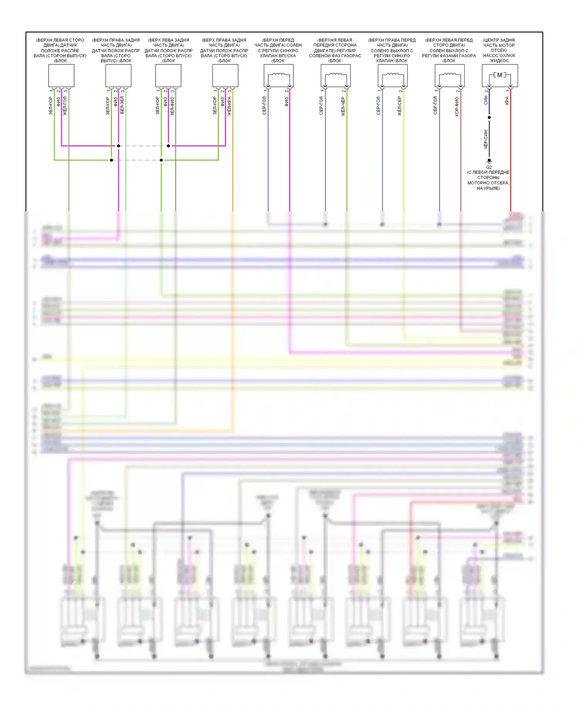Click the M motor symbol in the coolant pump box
pos(499,75)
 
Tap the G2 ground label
pos(489,167)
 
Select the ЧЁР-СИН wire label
pos(486,139)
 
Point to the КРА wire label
pos(507,101)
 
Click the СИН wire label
pos(486,100)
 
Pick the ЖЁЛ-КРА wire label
pos(229,106)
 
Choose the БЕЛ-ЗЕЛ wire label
pos(122,105)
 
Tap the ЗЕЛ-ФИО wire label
pos(172,106)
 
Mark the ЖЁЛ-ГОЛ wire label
pos(65,106)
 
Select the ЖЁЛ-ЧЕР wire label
pos(343,106)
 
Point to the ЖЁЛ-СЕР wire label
pos(400,106)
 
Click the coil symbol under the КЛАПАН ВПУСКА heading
pos(279,75)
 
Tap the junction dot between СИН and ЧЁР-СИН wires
pos(489,117)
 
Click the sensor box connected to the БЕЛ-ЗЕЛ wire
pos(118,76)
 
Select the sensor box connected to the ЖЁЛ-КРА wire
pos(225,76)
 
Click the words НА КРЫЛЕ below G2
pos(488,188)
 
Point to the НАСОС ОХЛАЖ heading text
pos(499,56)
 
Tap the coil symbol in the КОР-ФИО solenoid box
pos(450,75)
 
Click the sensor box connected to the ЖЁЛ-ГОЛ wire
pos(61,76)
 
